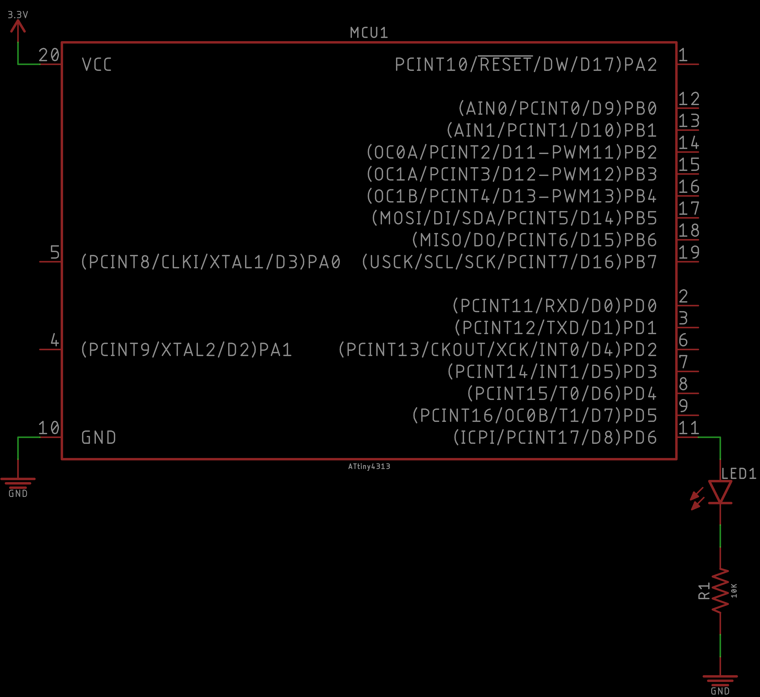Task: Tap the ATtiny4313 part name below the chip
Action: click(x=369, y=467)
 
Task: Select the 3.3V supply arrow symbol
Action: click(x=18, y=26)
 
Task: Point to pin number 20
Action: click(x=49, y=55)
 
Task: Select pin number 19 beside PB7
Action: click(x=689, y=252)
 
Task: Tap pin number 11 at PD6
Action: click(x=689, y=428)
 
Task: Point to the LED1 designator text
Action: click(x=738, y=474)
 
